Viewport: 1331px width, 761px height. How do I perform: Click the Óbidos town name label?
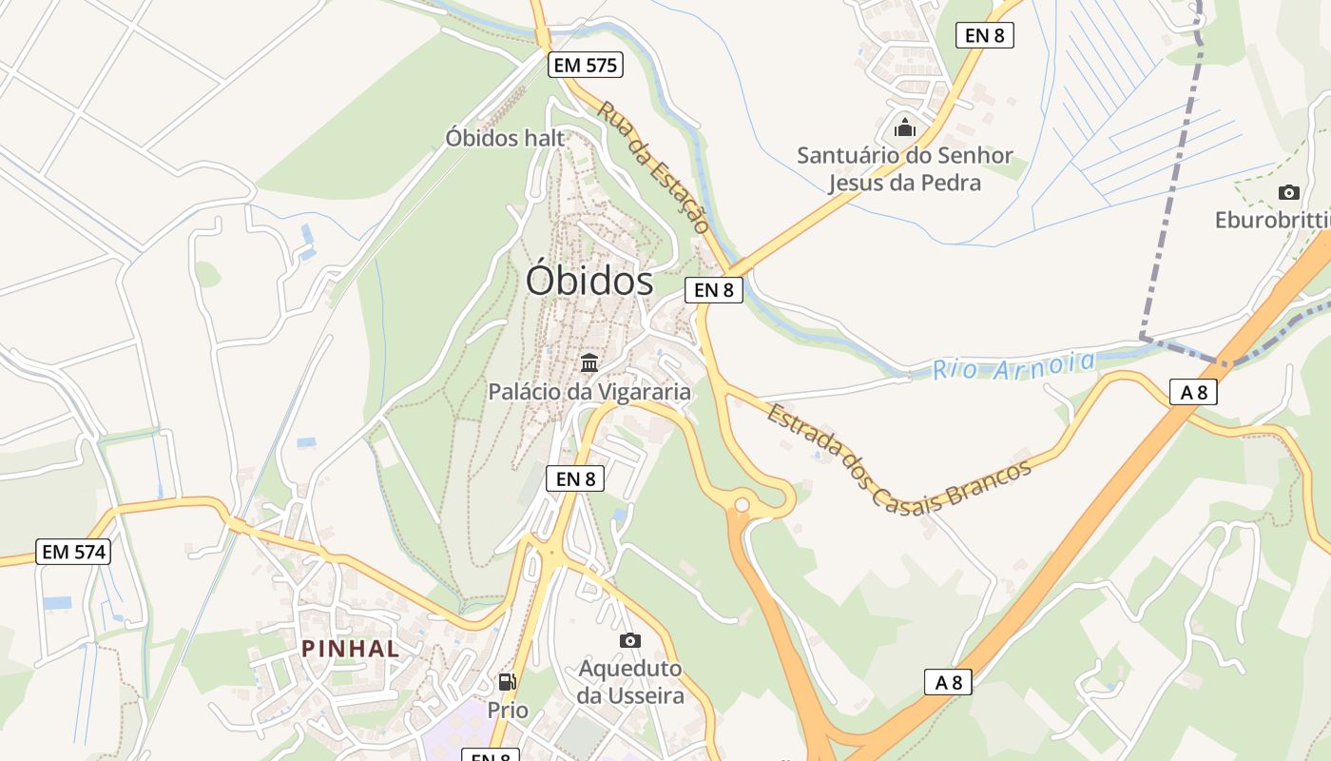589,281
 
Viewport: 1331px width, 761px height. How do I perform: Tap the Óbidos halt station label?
505,138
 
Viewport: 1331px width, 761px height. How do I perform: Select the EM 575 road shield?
585,65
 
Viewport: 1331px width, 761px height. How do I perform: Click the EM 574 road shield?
73,551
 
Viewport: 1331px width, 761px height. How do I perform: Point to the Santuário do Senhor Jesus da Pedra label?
904,168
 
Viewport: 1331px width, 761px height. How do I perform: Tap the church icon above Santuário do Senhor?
905,127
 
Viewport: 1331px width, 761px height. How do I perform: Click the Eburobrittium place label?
1272,221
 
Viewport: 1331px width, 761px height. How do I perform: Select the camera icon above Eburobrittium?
1288,192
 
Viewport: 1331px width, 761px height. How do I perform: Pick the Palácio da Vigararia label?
589,391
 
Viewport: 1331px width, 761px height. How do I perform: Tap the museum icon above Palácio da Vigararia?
589,362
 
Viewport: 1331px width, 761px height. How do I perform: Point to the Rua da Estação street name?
653,167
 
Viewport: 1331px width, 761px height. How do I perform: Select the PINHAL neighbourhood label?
350,649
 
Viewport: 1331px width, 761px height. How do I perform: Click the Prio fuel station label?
508,710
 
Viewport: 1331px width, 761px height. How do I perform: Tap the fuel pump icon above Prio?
508,681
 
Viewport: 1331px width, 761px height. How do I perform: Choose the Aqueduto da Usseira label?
630,682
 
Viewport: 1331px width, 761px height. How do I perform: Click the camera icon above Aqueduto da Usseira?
629,640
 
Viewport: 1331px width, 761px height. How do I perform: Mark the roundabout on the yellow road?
742,505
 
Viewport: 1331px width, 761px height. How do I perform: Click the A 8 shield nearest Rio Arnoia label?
1192,391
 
